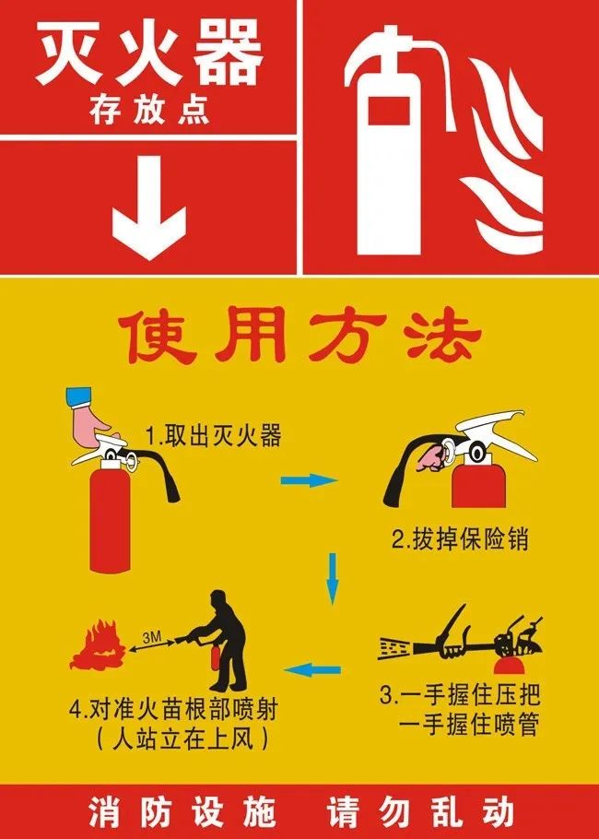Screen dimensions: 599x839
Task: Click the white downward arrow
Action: [x=148, y=207]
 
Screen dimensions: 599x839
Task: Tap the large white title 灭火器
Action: [x=149, y=55]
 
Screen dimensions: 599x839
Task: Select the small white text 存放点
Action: [x=149, y=111]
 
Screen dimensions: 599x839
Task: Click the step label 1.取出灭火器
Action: [x=214, y=436]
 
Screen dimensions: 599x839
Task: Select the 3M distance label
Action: [x=152, y=637]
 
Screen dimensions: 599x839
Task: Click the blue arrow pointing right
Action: [x=309, y=480]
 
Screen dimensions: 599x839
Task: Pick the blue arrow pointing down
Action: [x=333, y=578]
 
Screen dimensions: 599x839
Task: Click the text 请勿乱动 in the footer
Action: [x=421, y=811]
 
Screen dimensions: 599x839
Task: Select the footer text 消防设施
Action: [x=182, y=811]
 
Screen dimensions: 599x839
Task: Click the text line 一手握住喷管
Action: [x=468, y=725]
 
